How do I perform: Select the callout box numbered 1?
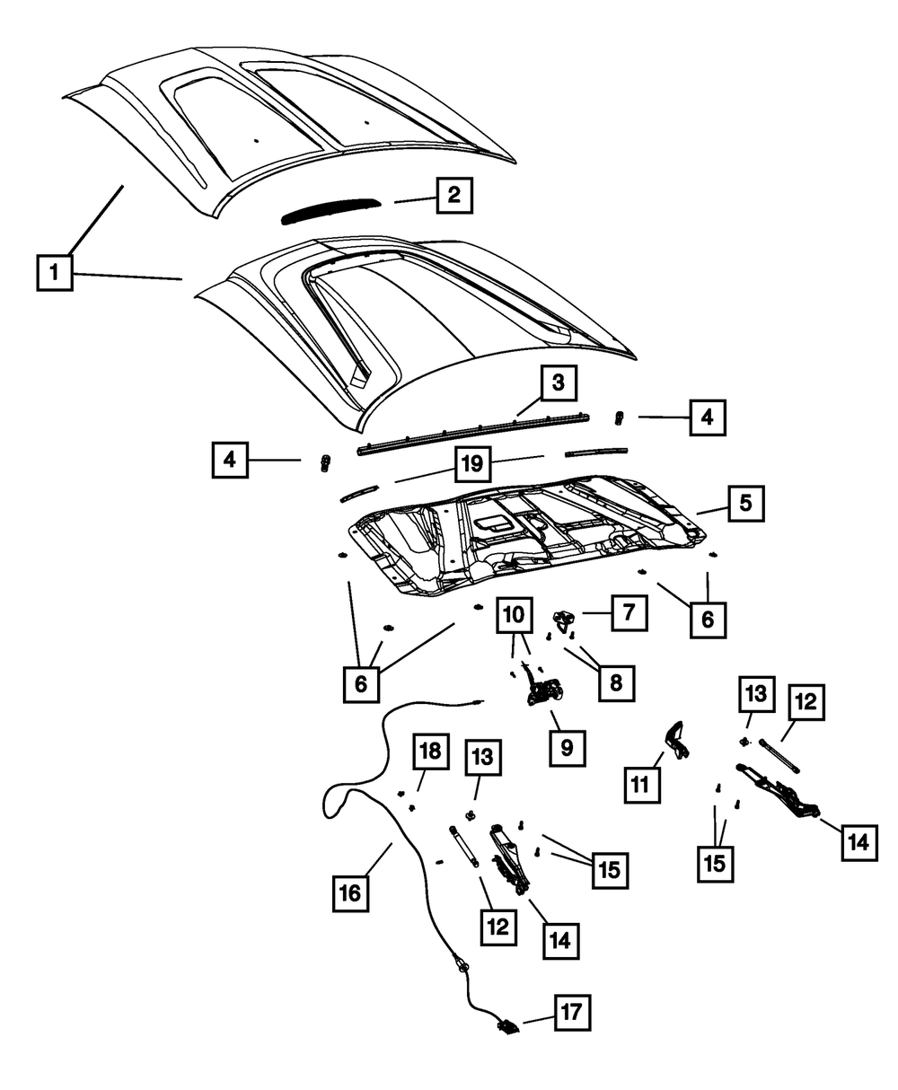(x=56, y=272)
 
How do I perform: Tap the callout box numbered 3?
(x=558, y=383)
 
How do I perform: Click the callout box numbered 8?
(x=616, y=682)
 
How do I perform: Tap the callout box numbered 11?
(x=642, y=784)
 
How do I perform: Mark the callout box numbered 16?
(x=350, y=892)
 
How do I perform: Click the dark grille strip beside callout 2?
(x=328, y=211)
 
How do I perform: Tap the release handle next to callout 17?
(x=506, y=1026)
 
